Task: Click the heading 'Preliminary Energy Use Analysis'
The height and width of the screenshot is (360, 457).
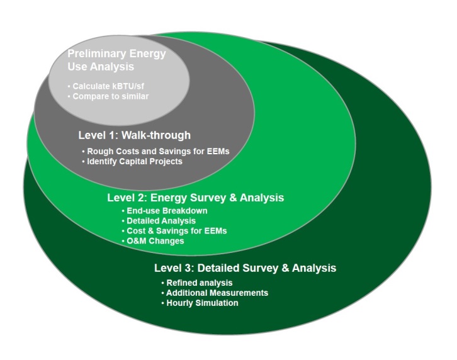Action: pyautogui.click(x=116, y=60)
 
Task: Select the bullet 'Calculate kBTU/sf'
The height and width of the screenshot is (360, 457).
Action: pyautogui.click(x=106, y=86)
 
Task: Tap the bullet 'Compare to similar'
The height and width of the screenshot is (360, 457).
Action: pyautogui.click(x=108, y=96)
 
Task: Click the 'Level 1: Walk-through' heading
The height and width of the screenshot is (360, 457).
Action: pyautogui.click(x=134, y=135)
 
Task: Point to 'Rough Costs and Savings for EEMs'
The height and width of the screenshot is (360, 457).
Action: pyautogui.click(x=156, y=151)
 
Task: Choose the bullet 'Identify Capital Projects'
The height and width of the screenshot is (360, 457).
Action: pyautogui.click(x=132, y=161)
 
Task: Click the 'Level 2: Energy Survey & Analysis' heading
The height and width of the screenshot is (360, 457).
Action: pyautogui.click(x=196, y=198)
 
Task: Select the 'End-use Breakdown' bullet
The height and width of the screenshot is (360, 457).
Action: pyautogui.click(x=165, y=211)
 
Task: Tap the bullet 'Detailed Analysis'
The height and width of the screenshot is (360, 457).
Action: pyautogui.click(x=159, y=221)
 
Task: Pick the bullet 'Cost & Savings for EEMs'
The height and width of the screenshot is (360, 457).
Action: pyautogui.click(x=174, y=231)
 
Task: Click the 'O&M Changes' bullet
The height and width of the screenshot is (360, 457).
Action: pyautogui.click(x=153, y=241)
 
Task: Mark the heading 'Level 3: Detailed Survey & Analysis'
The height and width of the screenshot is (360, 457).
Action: pyautogui.click(x=245, y=268)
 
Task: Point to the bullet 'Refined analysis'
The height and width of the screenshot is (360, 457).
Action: pyautogui.click(x=197, y=283)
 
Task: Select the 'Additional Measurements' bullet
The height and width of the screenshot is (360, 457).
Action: pyautogui.click(x=215, y=293)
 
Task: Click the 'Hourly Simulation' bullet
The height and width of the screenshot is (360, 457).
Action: pyautogui.click(x=200, y=303)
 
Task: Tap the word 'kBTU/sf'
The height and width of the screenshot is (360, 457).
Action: pyautogui.click(x=128, y=86)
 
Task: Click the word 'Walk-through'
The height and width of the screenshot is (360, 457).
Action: pyautogui.click(x=156, y=135)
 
